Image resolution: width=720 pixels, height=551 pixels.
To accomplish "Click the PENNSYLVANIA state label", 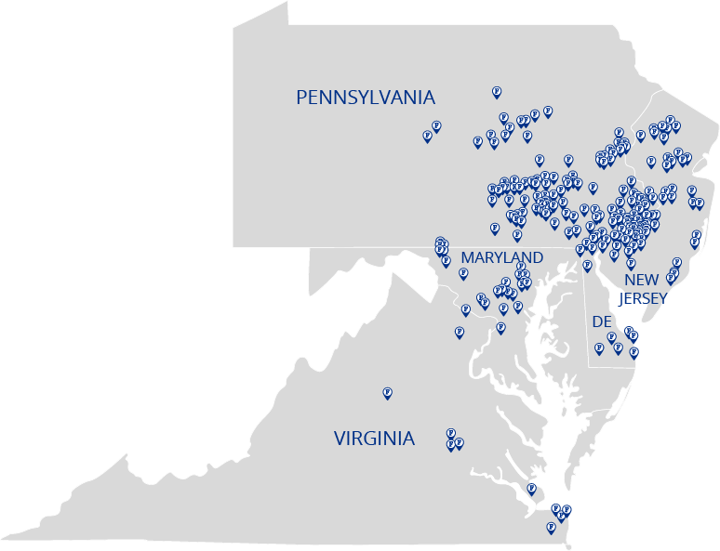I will (365, 98).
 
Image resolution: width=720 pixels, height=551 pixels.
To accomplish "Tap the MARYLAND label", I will (501, 257).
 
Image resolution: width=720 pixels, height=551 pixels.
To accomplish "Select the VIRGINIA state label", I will (374, 439).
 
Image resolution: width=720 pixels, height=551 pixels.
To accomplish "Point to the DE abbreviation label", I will (601, 321).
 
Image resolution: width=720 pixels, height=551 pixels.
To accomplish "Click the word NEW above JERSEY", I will (641, 280).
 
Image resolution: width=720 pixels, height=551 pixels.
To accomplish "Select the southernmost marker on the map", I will (551, 526).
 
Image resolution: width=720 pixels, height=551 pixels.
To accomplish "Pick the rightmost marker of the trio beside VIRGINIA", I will (459, 442).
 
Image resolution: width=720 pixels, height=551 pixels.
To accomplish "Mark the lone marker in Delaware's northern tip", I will (587, 265).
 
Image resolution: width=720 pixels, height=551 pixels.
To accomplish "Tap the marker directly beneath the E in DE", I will (611, 336).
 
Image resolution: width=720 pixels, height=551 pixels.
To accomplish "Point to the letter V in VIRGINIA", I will (340, 439).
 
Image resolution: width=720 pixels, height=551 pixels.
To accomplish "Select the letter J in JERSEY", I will (621, 298).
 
